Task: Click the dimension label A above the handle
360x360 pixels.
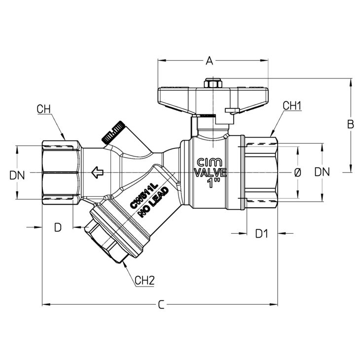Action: click(x=210, y=61)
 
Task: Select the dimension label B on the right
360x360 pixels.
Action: click(x=351, y=124)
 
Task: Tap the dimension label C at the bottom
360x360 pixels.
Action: click(x=161, y=305)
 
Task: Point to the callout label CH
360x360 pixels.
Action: click(x=43, y=109)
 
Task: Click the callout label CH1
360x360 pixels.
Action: click(x=292, y=106)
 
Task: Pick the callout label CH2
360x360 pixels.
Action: click(x=144, y=280)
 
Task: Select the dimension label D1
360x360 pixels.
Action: click(x=262, y=234)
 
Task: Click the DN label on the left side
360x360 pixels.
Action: click(x=17, y=176)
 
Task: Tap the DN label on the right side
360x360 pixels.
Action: click(x=322, y=172)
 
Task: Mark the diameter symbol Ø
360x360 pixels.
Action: click(x=297, y=173)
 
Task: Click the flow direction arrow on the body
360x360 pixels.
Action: click(x=97, y=173)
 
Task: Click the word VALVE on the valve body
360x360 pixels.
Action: click(x=211, y=173)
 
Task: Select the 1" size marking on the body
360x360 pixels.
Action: click(x=214, y=183)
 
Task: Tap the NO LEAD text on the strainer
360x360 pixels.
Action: click(x=153, y=202)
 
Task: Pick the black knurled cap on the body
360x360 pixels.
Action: click(x=113, y=132)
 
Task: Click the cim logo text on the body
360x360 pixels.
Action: click(x=210, y=162)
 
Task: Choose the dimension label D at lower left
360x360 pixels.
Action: click(x=58, y=227)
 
